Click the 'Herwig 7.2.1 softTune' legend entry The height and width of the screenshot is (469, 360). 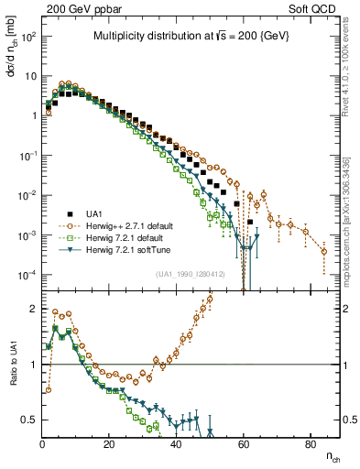click(x=138, y=250)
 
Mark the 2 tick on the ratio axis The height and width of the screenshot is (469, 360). click(x=35, y=309)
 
